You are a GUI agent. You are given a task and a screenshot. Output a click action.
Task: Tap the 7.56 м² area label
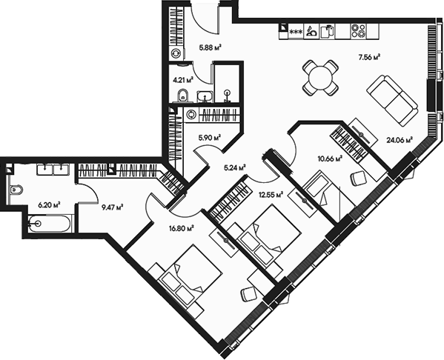(x=369, y=56)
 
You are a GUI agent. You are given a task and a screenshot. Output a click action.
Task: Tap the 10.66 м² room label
(x=329, y=158)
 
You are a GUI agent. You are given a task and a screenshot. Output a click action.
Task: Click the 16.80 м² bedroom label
(x=182, y=229)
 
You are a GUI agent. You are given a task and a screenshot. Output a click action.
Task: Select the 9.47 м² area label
(x=110, y=207)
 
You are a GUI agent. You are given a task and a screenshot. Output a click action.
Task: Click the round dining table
(x=319, y=77)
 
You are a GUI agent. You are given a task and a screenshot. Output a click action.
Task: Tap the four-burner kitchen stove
(x=361, y=31)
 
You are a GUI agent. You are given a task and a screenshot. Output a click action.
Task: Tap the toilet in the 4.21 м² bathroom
(x=182, y=94)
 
